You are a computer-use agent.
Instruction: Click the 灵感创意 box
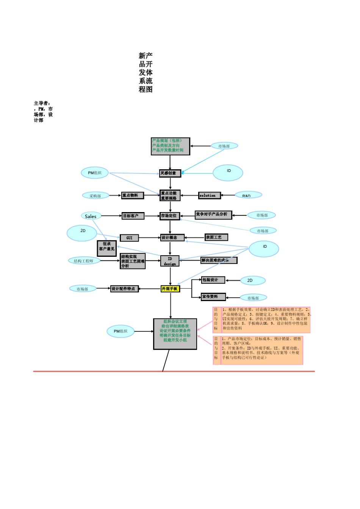pos(170,173)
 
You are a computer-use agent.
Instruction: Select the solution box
pos(209,195)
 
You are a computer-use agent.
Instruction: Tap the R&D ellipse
pos(247,195)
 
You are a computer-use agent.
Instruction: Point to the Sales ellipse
pos(91,216)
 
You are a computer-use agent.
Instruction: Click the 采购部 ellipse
pos(95,196)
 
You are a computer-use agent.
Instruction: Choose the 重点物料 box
pos(132,195)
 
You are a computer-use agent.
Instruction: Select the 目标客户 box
pos(133,216)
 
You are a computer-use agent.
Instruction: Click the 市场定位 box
pos(170,216)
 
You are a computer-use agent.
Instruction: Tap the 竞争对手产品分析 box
pos(213,215)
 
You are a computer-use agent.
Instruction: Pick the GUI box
pos(129,238)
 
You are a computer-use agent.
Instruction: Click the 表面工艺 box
pos(216,237)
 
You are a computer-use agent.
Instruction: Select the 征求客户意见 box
pos(106,248)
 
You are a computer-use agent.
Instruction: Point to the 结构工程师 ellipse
pos(84,261)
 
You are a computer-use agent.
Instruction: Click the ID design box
pos(170,261)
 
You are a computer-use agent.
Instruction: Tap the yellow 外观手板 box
pos(170,289)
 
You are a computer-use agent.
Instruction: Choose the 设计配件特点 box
pos(124,289)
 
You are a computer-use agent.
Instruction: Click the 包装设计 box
pos(213,280)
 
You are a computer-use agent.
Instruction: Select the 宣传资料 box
pos(213,297)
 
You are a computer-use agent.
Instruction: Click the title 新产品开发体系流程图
pos(146,73)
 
